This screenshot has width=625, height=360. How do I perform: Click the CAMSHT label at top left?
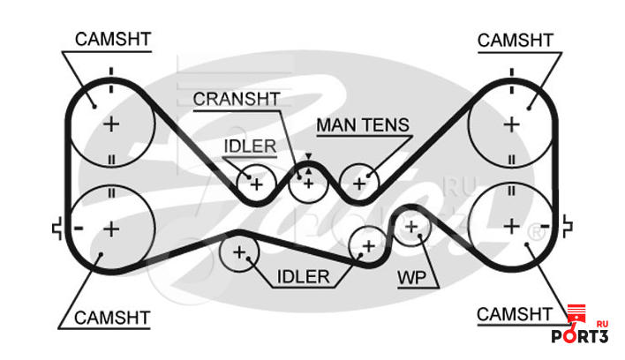[x=113, y=40]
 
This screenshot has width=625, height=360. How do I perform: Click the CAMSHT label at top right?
[x=516, y=41]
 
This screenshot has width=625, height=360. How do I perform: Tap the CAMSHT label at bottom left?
[x=112, y=318]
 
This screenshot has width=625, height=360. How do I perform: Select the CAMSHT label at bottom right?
[x=514, y=315]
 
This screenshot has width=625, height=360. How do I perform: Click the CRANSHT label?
[x=237, y=99]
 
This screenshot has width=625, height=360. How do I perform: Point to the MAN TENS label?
[x=363, y=125]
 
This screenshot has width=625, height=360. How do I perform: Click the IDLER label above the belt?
[x=250, y=146]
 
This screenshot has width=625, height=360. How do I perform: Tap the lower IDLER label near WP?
[x=304, y=277]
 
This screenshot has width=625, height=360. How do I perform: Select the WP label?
[x=411, y=278]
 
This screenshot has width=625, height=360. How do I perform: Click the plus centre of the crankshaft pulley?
[x=308, y=184]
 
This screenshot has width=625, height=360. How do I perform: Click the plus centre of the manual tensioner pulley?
[x=359, y=184]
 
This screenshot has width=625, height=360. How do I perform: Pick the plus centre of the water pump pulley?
[x=411, y=227]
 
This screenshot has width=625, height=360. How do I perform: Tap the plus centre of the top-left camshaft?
[x=111, y=124]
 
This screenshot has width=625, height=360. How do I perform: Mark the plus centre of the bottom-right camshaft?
[x=512, y=227]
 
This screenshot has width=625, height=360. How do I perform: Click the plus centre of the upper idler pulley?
[x=257, y=184]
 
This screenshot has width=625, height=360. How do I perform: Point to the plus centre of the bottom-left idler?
[x=239, y=252]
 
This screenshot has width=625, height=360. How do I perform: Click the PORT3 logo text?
[x=580, y=336]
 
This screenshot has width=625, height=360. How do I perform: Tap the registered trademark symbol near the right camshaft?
[x=537, y=233]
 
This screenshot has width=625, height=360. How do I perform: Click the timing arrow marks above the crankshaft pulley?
[x=308, y=163]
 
